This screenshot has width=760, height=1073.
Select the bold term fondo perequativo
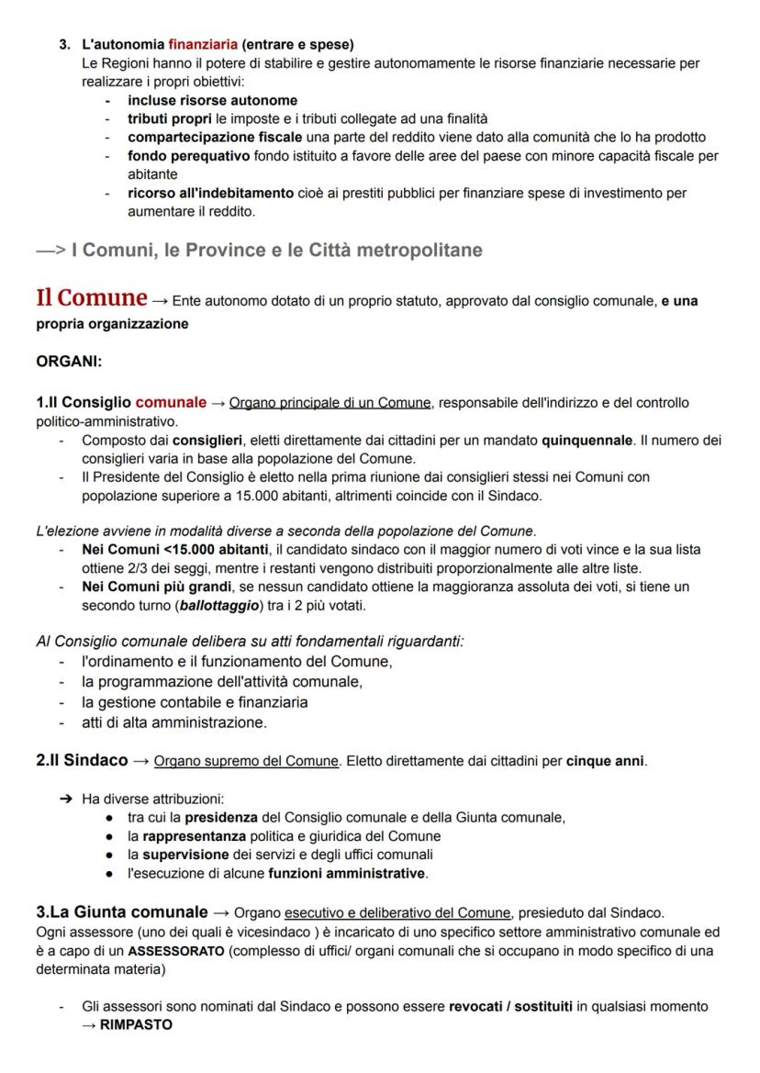[x=188, y=156]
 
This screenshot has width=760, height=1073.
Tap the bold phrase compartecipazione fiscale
[x=215, y=137]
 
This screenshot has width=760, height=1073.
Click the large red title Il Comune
[x=91, y=298]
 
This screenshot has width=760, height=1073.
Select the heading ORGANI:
[x=69, y=362]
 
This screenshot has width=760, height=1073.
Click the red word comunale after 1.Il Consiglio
[x=171, y=402]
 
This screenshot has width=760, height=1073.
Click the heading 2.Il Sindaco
[x=82, y=761]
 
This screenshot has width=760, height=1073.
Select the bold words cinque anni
[x=606, y=762]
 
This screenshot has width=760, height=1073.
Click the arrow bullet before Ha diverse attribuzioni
[x=66, y=799]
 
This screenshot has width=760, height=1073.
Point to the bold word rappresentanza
[x=194, y=836]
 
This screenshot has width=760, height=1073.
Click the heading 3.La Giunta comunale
[x=122, y=912]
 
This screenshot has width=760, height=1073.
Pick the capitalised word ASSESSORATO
[x=175, y=951]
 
